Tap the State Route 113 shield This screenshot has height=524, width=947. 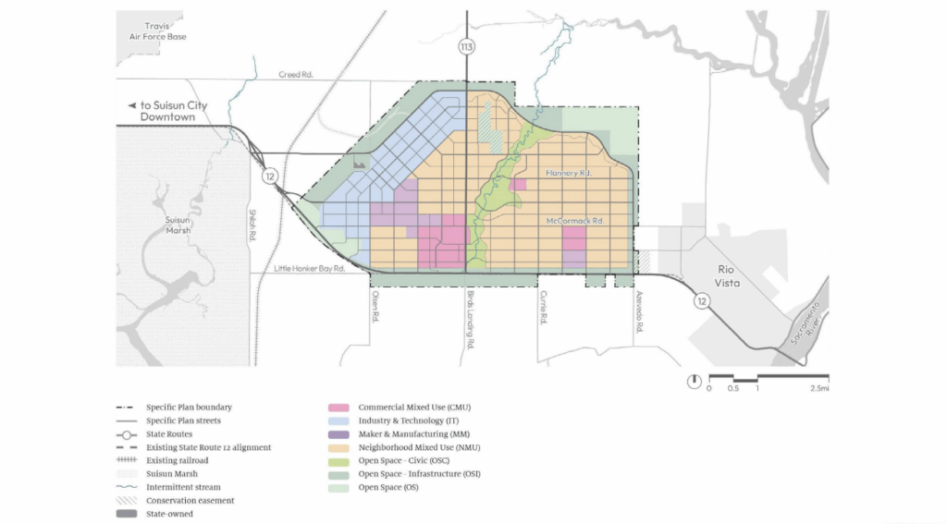(x=466, y=45)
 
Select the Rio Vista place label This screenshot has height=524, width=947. (x=728, y=276)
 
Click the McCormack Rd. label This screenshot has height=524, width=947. (x=574, y=222)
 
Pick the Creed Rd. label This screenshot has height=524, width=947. (x=297, y=75)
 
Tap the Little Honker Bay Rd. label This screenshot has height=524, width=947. (x=310, y=268)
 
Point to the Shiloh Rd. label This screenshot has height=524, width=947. (x=251, y=224)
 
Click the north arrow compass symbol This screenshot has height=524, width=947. (x=693, y=381)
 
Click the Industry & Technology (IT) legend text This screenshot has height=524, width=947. (x=407, y=420)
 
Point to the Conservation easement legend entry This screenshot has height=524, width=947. (x=190, y=500)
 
